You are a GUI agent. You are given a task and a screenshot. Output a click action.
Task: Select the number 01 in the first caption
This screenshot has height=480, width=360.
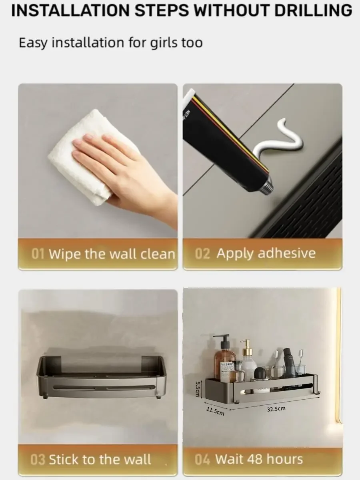tap(38, 254)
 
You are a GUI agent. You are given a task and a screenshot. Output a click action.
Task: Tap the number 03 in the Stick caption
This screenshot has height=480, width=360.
tap(38, 460)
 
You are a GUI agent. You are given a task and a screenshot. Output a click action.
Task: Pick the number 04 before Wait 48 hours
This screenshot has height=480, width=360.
tap(202, 460)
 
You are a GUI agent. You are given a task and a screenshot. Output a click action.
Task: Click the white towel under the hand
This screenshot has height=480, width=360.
tap(76, 160)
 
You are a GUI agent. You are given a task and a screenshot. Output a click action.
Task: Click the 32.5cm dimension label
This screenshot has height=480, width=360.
tap(276, 409)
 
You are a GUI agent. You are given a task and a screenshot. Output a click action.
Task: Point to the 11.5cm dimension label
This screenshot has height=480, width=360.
tap(215, 410)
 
